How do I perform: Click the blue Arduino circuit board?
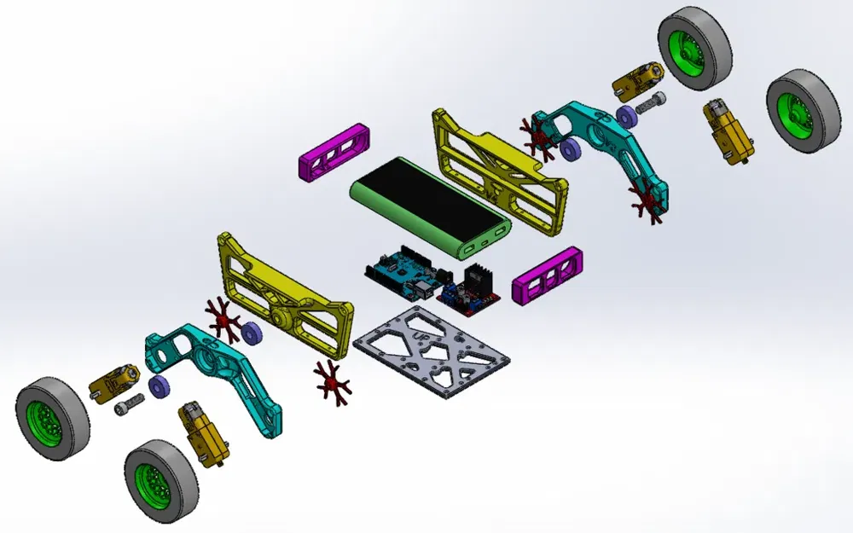[x=397, y=271]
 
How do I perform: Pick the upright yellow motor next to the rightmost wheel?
[x=725, y=132]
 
